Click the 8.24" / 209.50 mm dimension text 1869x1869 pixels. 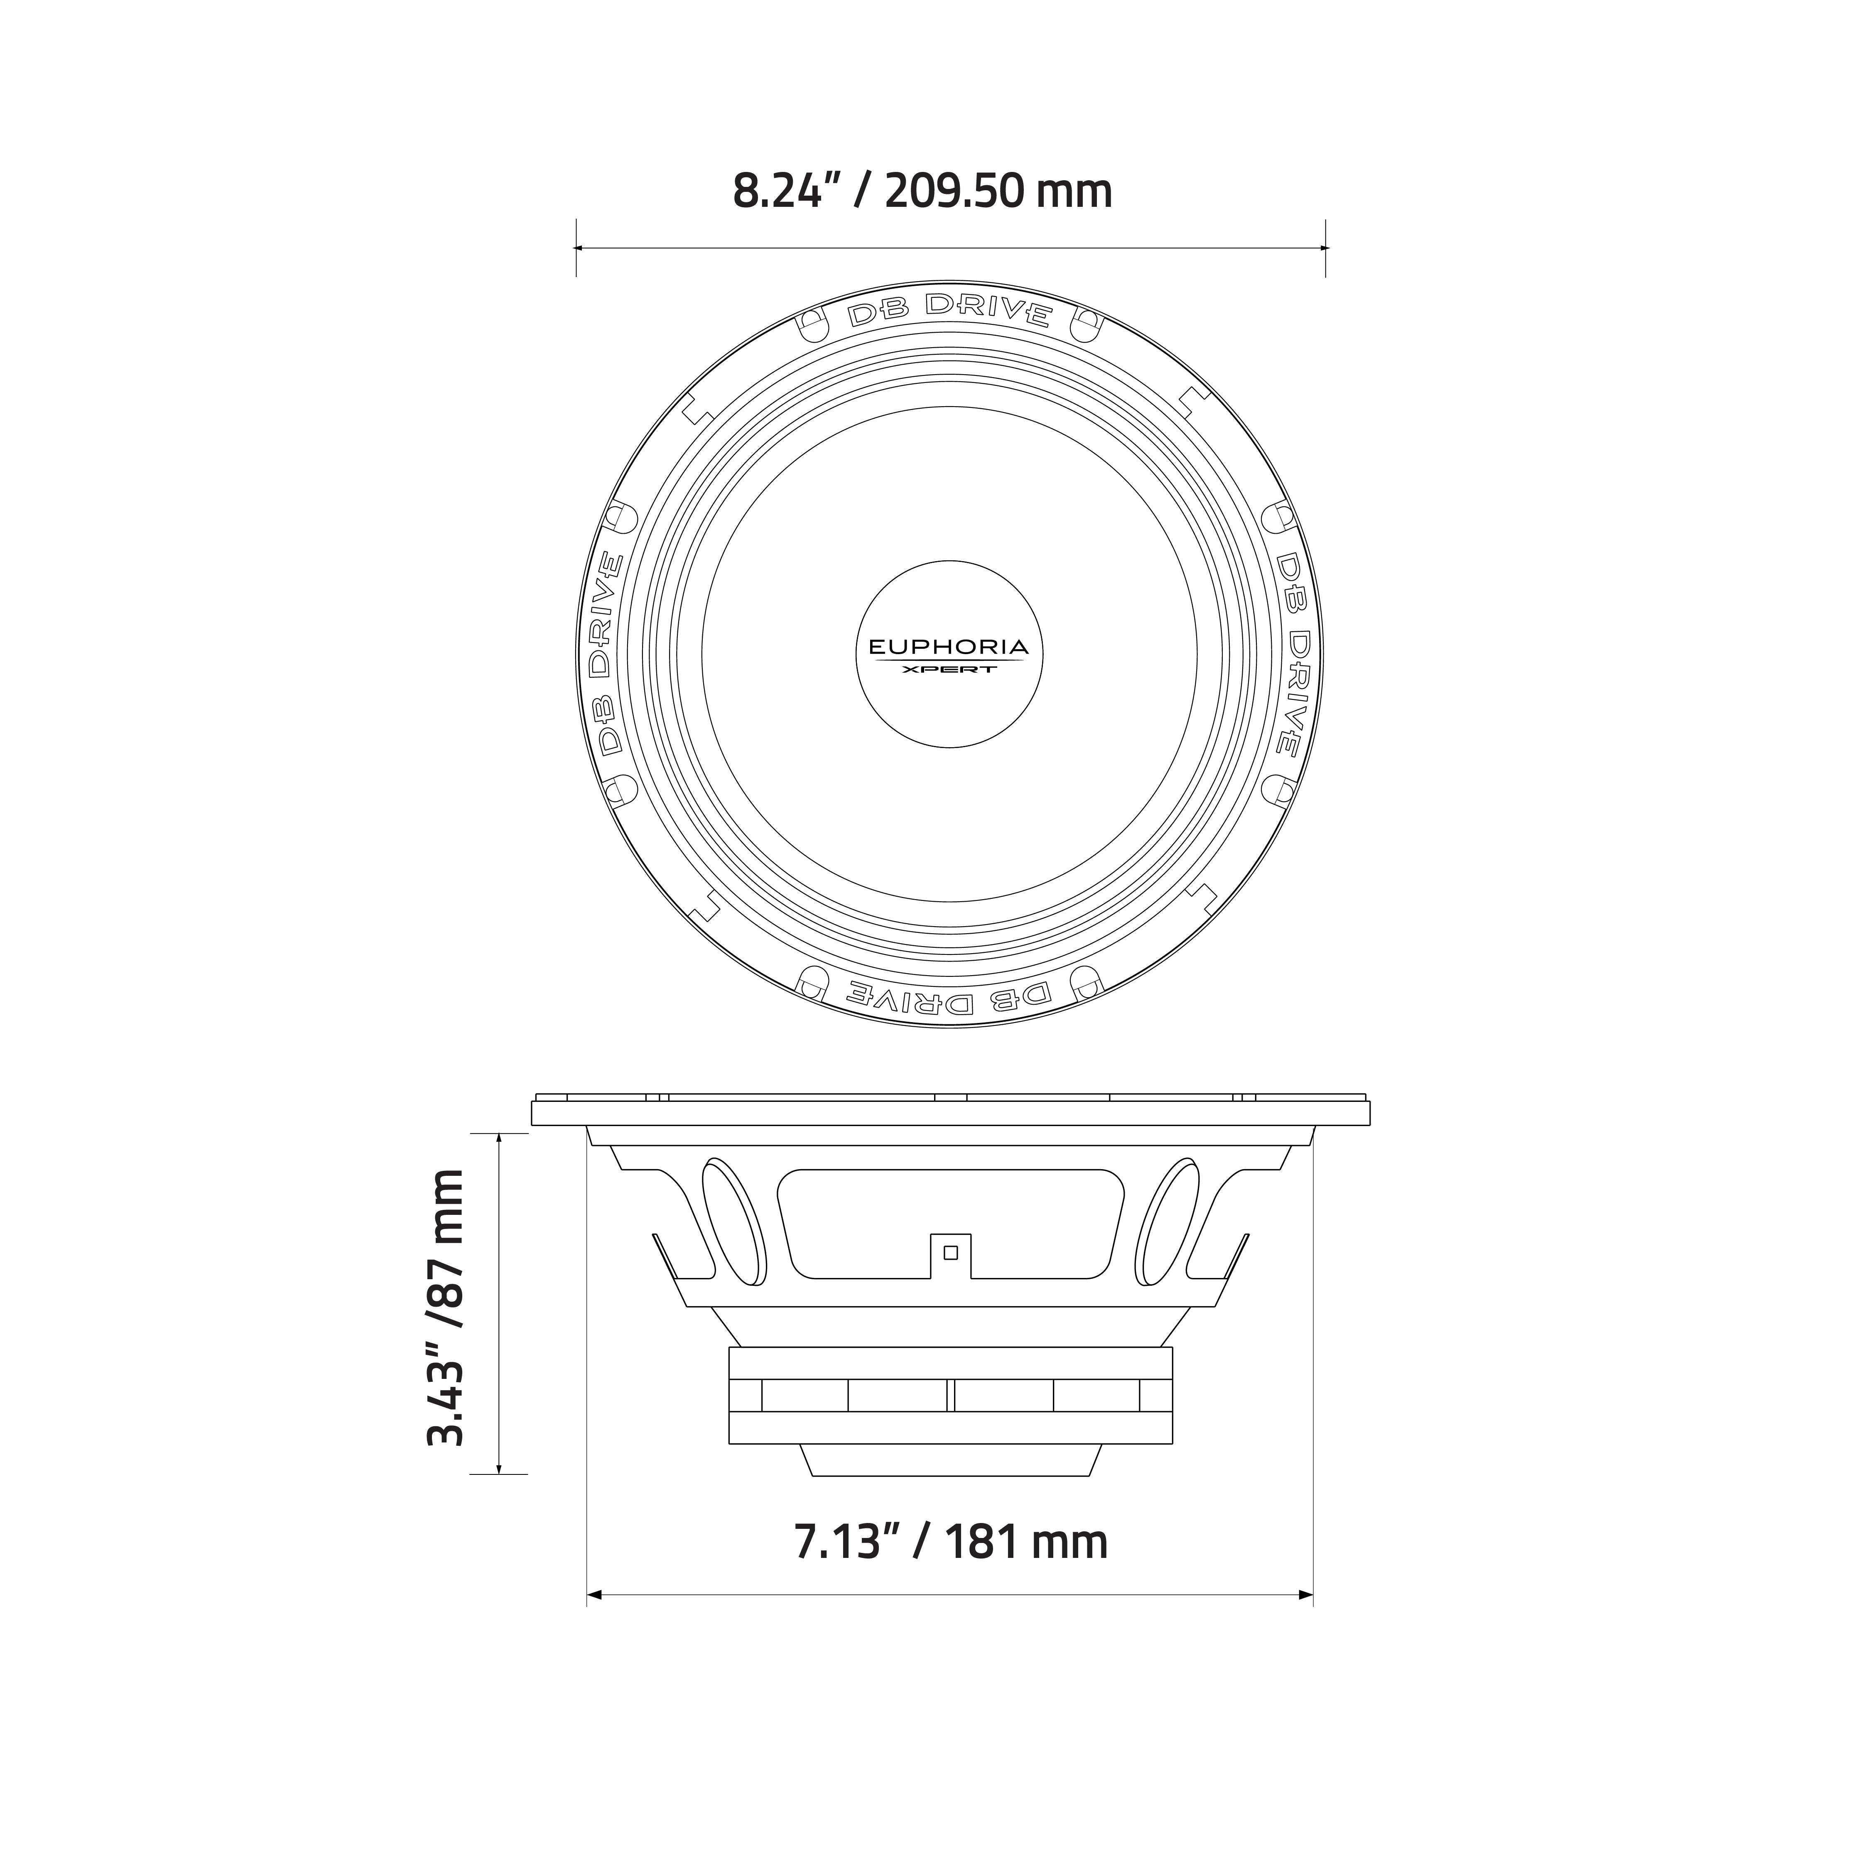tap(922, 191)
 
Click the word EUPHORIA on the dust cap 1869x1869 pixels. tap(948, 647)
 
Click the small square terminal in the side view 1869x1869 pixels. tap(950, 1253)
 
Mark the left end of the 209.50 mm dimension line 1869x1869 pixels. tap(578, 248)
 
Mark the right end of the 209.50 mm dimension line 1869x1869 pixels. tap(1324, 248)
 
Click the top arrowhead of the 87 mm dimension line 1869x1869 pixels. tap(499, 1138)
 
